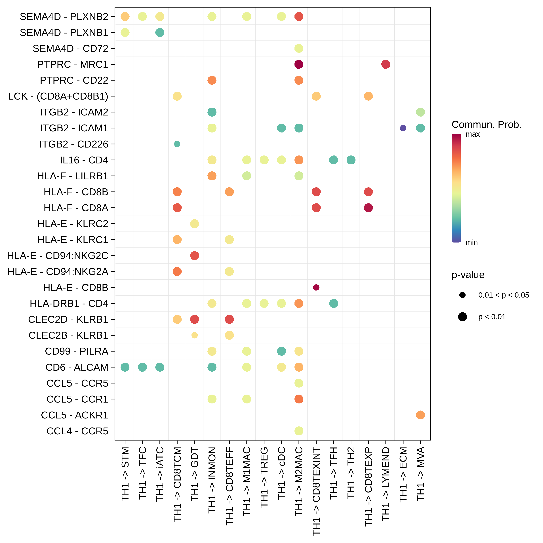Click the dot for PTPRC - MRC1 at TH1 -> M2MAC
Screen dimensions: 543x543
pyautogui.click(x=299, y=64)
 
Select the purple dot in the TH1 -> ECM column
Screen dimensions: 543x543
pyautogui.click(x=403, y=128)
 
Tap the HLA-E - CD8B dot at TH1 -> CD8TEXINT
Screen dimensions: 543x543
pyautogui.click(x=316, y=287)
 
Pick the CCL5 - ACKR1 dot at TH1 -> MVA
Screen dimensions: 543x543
pyautogui.click(x=420, y=415)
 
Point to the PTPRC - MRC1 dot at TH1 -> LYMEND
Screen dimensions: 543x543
pyautogui.click(x=386, y=64)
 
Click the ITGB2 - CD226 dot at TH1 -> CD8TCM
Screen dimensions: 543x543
pyautogui.click(x=177, y=144)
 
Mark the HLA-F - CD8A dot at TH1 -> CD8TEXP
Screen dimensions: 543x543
pyautogui.click(x=368, y=208)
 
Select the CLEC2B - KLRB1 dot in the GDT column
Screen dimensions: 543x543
pyautogui.click(x=195, y=335)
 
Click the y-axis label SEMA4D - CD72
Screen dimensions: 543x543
pyautogui.click(x=70, y=48)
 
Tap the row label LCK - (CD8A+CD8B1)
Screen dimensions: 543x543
pyautogui.click(x=58, y=96)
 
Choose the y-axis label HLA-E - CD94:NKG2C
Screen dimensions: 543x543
pyautogui.click(x=58, y=255)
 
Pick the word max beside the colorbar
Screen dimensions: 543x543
pyautogui.click(x=473, y=134)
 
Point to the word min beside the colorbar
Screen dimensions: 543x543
pyautogui.click(x=472, y=242)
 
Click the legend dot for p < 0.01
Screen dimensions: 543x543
pyautogui.click(x=462, y=317)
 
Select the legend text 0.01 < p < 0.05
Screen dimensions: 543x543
pyautogui.click(x=504, y=295)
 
